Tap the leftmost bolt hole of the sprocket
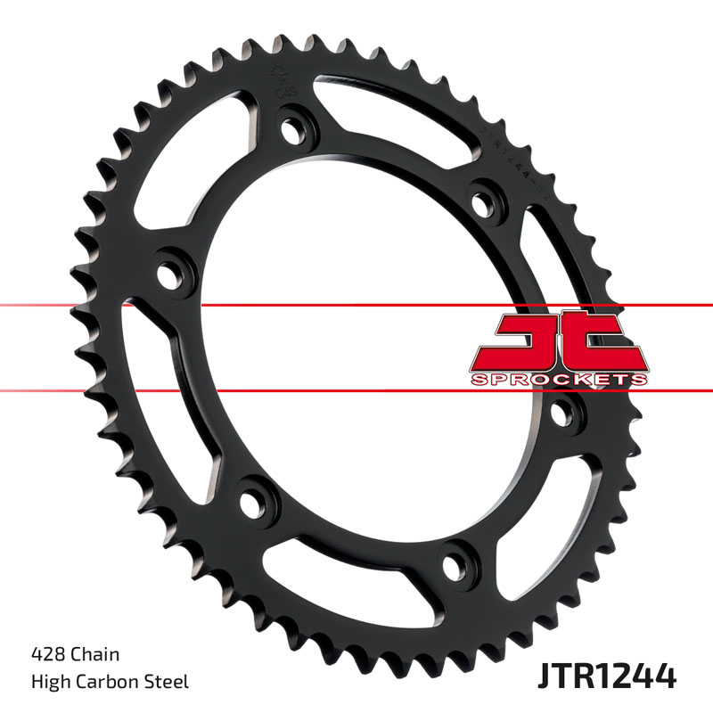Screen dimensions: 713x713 169,268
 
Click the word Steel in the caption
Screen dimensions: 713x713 169,683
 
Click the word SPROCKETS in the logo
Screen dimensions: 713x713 556,379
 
